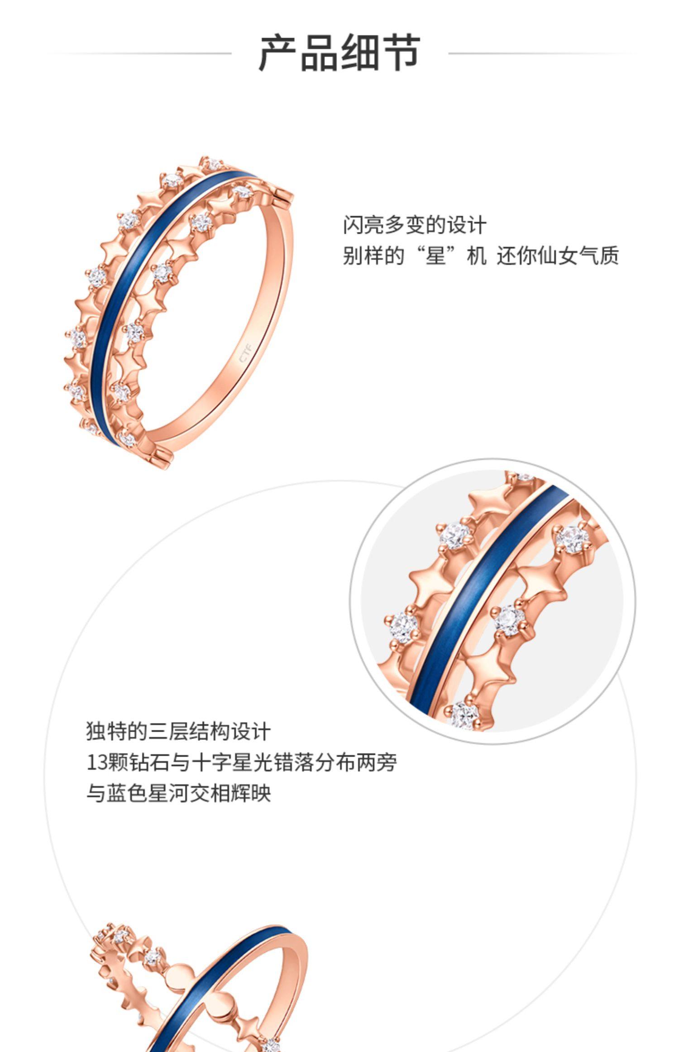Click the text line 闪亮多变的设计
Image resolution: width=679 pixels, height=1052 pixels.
[x=414, y=225]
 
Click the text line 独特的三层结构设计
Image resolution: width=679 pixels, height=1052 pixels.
[x=178, y=731]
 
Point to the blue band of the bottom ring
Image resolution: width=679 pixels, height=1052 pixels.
[x=217, y=988]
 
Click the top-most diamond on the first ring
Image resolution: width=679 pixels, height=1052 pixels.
[x=211, y=164]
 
